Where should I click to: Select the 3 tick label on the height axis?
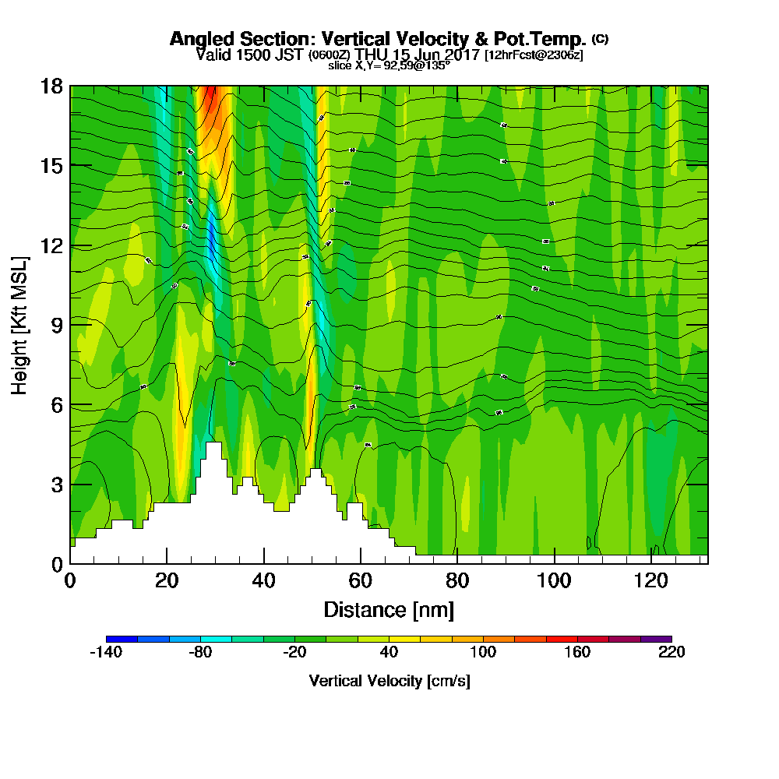56,484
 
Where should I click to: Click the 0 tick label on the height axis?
56,563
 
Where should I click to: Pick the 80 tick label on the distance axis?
457,580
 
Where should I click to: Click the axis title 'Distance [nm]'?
389,609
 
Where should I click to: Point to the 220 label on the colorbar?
671,653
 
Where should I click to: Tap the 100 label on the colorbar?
483,653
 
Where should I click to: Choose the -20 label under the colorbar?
294,653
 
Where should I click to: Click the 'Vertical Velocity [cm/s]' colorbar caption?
389,681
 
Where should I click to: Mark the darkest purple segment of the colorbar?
655,639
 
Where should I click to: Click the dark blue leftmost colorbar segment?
122,639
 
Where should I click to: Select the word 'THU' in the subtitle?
369,55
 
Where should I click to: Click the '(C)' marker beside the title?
600,38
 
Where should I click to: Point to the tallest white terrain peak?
213,446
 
